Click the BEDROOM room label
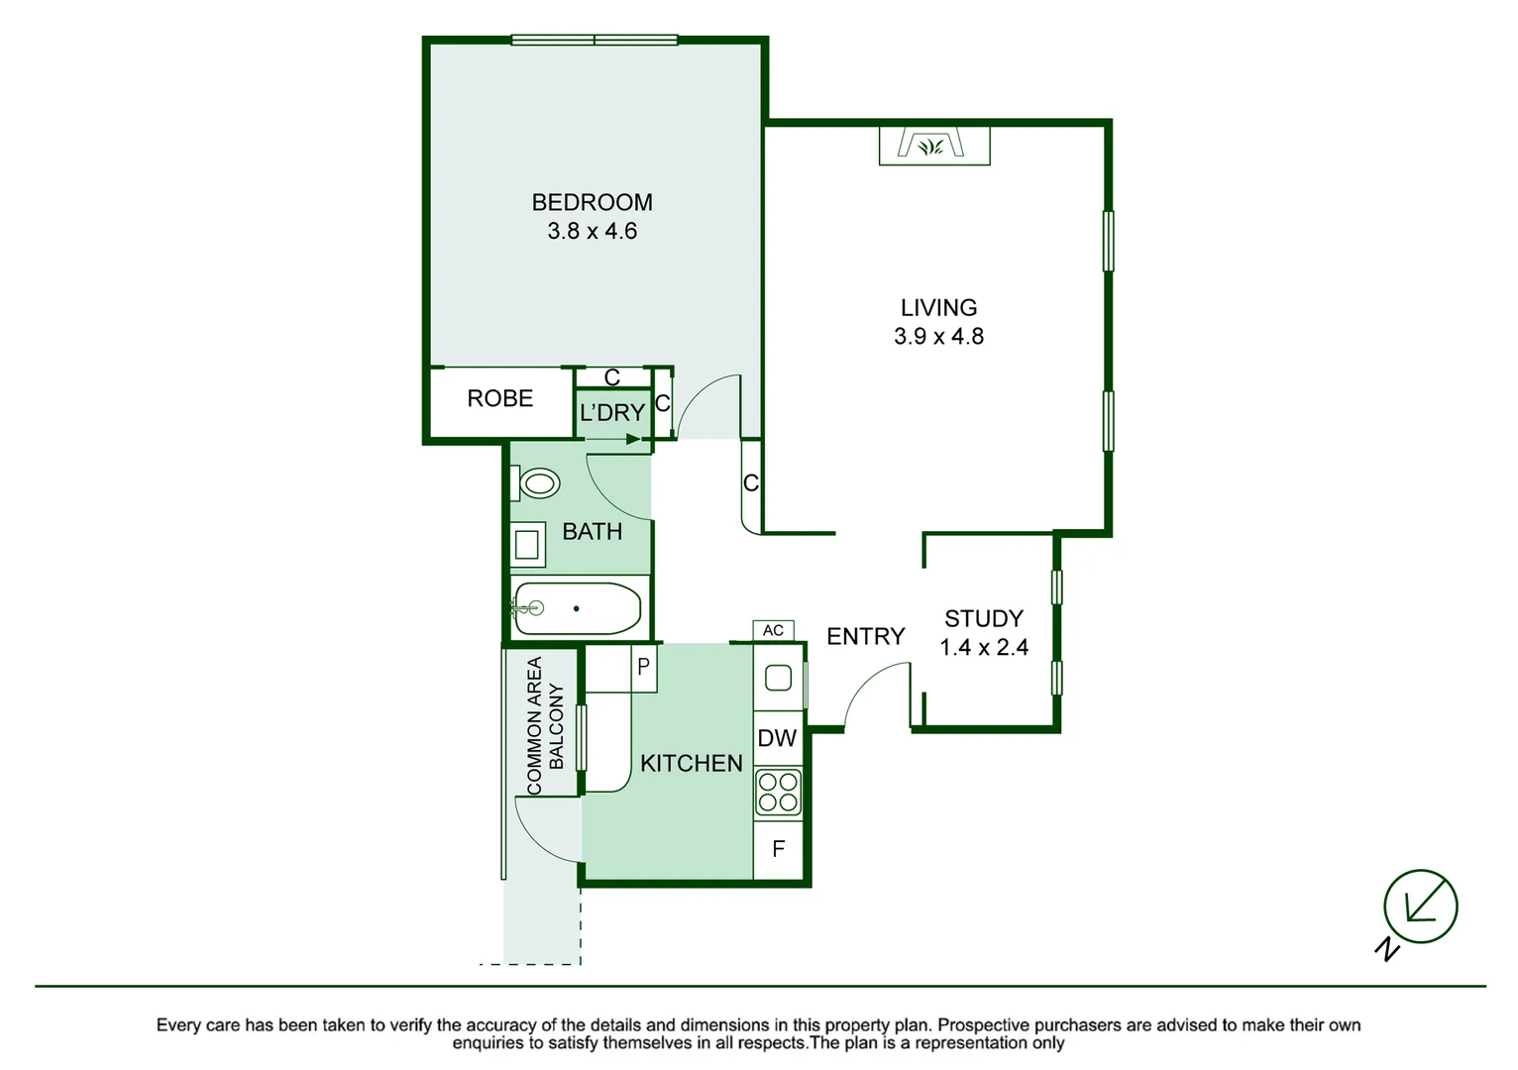[x=592, y=202]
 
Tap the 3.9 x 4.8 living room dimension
[x=938, y=337]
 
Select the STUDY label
[x=983, y=619]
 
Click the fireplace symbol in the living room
[x=933, y=146]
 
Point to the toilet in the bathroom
[x=537, y=483]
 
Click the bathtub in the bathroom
[x=577, y=608]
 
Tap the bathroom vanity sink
[x=526, y=544]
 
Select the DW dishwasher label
[x=777, y=738]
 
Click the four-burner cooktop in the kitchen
[x=778, y=792]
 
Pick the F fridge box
[x=778, y=849]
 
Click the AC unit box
[x=773, y=630]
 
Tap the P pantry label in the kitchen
[x=643, y=667]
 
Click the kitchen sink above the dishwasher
[x=778, y=678]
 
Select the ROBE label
[x=499, y=398]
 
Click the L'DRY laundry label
[x=612, y=412]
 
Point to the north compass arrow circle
[x=1420, y=907]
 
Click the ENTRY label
[x=865, y=636]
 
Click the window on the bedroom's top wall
[x=595, y=41]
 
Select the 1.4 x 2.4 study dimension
[x=983, y=648]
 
